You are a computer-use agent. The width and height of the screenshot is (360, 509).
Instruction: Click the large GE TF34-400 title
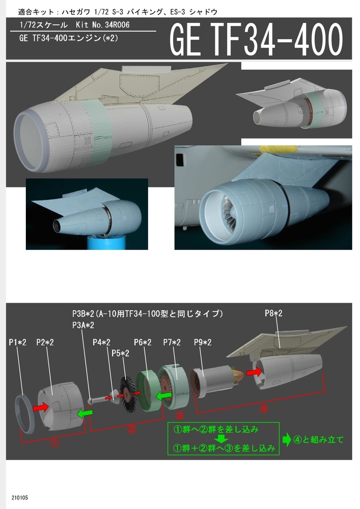[256, 39]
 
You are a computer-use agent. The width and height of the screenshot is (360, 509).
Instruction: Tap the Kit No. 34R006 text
[102, 25]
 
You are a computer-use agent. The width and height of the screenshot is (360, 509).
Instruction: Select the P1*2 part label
[17, 342]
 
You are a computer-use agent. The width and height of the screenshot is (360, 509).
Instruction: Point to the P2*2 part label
[45, 342]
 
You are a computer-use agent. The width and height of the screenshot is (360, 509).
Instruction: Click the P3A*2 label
[83, 325]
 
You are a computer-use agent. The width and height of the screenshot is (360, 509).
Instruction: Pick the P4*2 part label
[101, 342]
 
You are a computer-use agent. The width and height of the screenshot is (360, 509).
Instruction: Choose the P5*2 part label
[120, 353]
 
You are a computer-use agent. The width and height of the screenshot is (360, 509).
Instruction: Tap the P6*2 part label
[143, 342]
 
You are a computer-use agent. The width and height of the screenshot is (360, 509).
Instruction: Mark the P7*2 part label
[172, 342]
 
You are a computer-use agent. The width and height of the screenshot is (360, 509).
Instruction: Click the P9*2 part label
[202, 342]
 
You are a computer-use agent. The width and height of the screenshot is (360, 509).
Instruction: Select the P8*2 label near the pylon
[273, 313]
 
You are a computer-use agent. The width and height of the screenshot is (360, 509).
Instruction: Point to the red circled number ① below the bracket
[55, 442]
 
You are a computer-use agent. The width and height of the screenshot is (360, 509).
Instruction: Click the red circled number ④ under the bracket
[264, 409]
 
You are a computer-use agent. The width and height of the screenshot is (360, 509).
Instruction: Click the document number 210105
[20, 498]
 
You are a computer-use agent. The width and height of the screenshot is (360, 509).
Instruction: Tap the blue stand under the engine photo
[106, 243]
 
